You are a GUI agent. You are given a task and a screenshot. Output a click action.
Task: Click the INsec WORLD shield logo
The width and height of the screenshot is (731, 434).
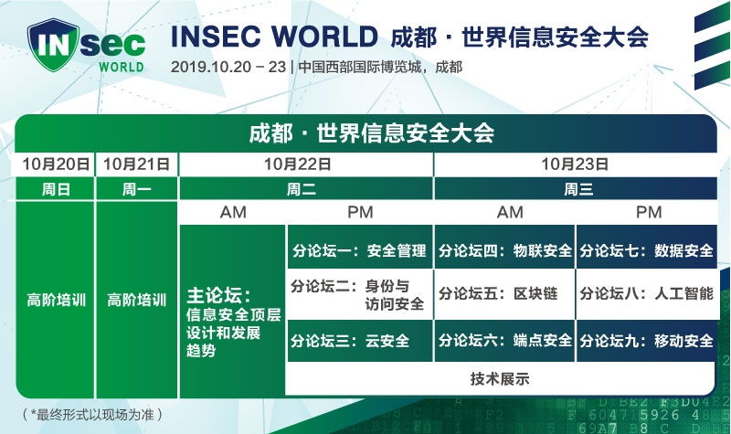point(86,45)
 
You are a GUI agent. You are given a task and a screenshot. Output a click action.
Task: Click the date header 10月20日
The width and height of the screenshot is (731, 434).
point(56,164)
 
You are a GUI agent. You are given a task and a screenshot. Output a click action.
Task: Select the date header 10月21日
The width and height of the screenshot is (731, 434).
point(136,164)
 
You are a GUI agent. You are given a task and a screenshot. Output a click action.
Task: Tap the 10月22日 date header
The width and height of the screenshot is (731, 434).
point(298,164)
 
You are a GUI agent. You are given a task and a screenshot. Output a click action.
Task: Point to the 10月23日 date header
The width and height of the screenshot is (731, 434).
point(575,164)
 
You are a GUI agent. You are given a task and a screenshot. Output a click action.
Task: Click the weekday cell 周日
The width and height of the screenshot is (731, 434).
point(56,189)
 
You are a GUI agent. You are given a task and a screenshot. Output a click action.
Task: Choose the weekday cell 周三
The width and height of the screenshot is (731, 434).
point(578,189)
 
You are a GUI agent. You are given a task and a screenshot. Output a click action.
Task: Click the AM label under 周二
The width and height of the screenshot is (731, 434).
point(233,212)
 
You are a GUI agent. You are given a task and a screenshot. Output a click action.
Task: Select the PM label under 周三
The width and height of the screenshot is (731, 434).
point(649,212)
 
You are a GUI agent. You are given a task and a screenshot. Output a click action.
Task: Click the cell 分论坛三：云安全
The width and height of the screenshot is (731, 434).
point(360,341)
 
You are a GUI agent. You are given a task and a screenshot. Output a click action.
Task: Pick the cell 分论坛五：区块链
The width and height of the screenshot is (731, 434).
point(504,293)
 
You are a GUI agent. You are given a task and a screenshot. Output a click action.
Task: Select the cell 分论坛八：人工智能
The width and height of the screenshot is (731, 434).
point(647,293)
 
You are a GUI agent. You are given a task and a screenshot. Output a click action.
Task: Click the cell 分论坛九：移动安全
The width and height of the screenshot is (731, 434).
point(647,341)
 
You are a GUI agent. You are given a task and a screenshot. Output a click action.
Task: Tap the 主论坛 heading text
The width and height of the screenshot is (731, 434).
point(218,295)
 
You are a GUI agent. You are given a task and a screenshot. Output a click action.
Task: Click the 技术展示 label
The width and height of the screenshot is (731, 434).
point(500,378)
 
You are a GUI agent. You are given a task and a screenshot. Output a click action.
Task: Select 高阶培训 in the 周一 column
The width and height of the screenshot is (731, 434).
point(136,300)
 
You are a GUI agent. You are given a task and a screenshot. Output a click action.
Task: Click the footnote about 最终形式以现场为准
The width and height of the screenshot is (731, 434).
point(93,415)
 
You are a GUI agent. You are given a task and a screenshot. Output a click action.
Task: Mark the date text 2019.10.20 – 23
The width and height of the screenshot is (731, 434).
point(228,67)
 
